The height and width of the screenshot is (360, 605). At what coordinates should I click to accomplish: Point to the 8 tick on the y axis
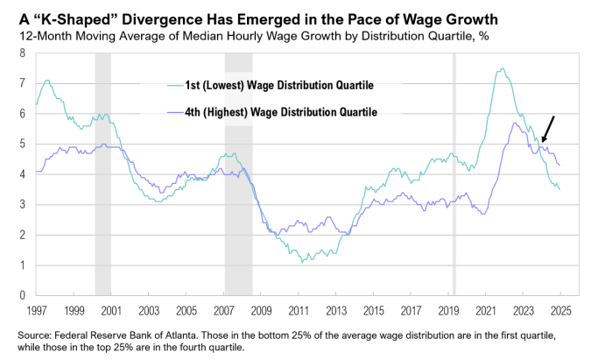21,53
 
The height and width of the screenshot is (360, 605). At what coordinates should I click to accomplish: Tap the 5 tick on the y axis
21,144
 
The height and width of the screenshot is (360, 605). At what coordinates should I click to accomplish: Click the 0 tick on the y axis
21,295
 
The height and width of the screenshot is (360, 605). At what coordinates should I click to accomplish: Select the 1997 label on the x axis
36,310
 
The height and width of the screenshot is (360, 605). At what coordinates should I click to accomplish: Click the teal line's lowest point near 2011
302,261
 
